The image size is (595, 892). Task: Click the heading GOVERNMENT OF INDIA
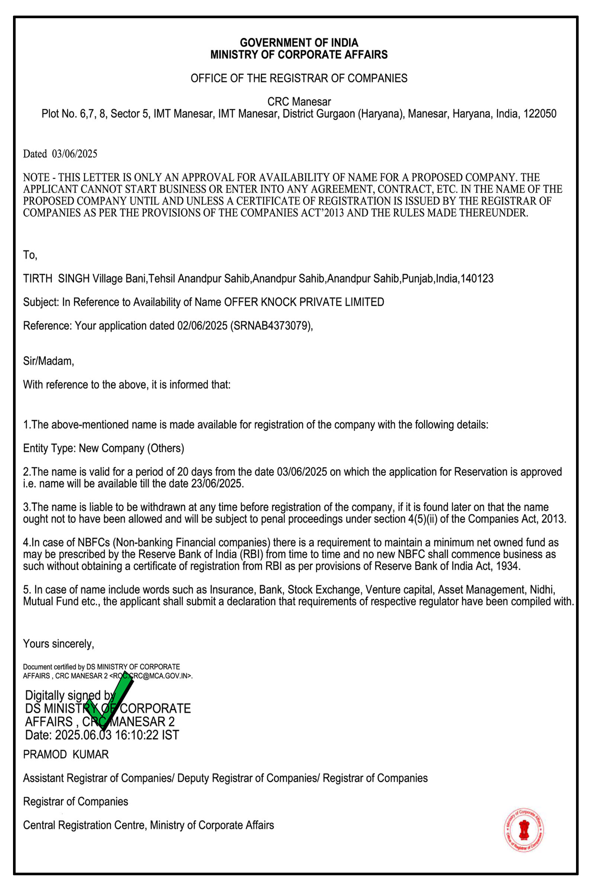(299, 42)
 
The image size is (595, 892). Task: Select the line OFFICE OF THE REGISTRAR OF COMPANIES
(299, 78)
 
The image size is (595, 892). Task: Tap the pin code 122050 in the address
(540, 114)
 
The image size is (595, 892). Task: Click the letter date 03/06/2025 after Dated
(75, 154)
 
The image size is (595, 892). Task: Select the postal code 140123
(477, 279)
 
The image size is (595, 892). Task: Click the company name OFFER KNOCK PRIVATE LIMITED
(304, 302)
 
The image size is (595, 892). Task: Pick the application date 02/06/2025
(202, 326)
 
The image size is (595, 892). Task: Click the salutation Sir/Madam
(48, 361)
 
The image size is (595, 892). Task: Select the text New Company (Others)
(131, 448)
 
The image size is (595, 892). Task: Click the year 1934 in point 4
(508, 566)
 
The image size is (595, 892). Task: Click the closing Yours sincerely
(58, 644)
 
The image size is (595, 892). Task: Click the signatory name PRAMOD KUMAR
(66, 754)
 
